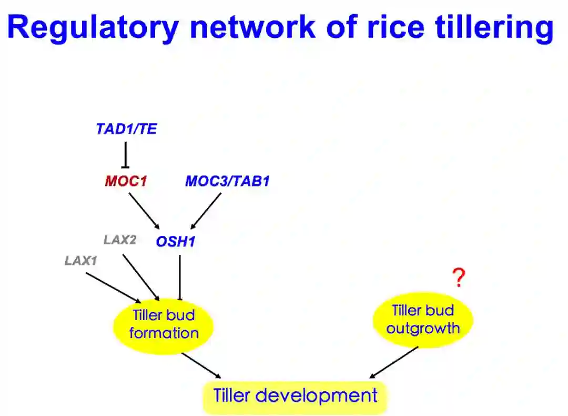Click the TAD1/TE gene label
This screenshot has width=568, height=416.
126,129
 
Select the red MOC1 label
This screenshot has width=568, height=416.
126,182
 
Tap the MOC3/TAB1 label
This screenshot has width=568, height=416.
227,182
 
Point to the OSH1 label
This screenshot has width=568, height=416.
176,242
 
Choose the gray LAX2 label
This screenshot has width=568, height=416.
120,240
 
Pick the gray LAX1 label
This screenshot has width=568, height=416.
81,261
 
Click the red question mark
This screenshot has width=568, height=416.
459,278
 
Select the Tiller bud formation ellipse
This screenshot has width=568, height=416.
164,324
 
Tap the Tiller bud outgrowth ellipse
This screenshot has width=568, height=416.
423,320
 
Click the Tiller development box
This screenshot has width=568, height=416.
295,395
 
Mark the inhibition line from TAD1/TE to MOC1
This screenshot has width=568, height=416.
125,154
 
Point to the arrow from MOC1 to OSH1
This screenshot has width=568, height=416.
144,210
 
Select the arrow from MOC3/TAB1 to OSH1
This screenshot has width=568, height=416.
206,211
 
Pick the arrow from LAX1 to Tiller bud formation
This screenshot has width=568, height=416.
113,288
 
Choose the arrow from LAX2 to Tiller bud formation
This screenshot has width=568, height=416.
141,278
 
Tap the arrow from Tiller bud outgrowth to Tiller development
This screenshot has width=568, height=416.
394,362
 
